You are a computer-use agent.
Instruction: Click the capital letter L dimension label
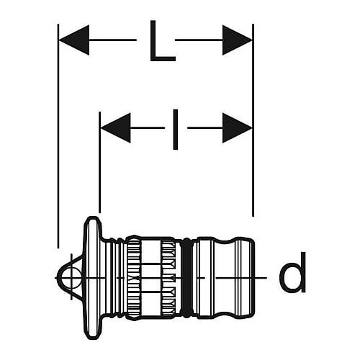coord(162,41)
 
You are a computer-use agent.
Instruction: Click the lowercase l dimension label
coord(176,130)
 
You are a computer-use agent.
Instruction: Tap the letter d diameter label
coord(293,272)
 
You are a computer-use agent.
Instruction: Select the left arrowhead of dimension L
coord(74,40)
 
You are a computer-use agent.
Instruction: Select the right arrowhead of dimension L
coord(237,40)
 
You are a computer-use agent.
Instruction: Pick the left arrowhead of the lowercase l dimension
coord(116,128)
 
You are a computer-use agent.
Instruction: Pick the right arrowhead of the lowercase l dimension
coord(237,128)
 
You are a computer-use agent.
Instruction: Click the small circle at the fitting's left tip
coord(71,278)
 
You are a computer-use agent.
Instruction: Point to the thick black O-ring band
coord(186,278)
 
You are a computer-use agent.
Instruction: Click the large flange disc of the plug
coord(93,278)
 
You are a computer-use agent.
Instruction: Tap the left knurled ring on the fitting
coord(134,278)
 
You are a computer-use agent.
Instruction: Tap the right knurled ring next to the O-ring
coord(168,278)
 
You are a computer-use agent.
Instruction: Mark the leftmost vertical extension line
coord(58,136)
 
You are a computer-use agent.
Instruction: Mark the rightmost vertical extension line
coord(253,120)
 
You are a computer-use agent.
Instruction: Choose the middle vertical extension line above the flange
coord(99,162)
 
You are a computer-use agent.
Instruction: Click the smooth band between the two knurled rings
coord(151,278)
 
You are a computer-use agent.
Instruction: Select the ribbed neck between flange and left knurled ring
coord(114,278)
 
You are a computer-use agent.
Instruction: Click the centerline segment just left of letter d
coord(241,278)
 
